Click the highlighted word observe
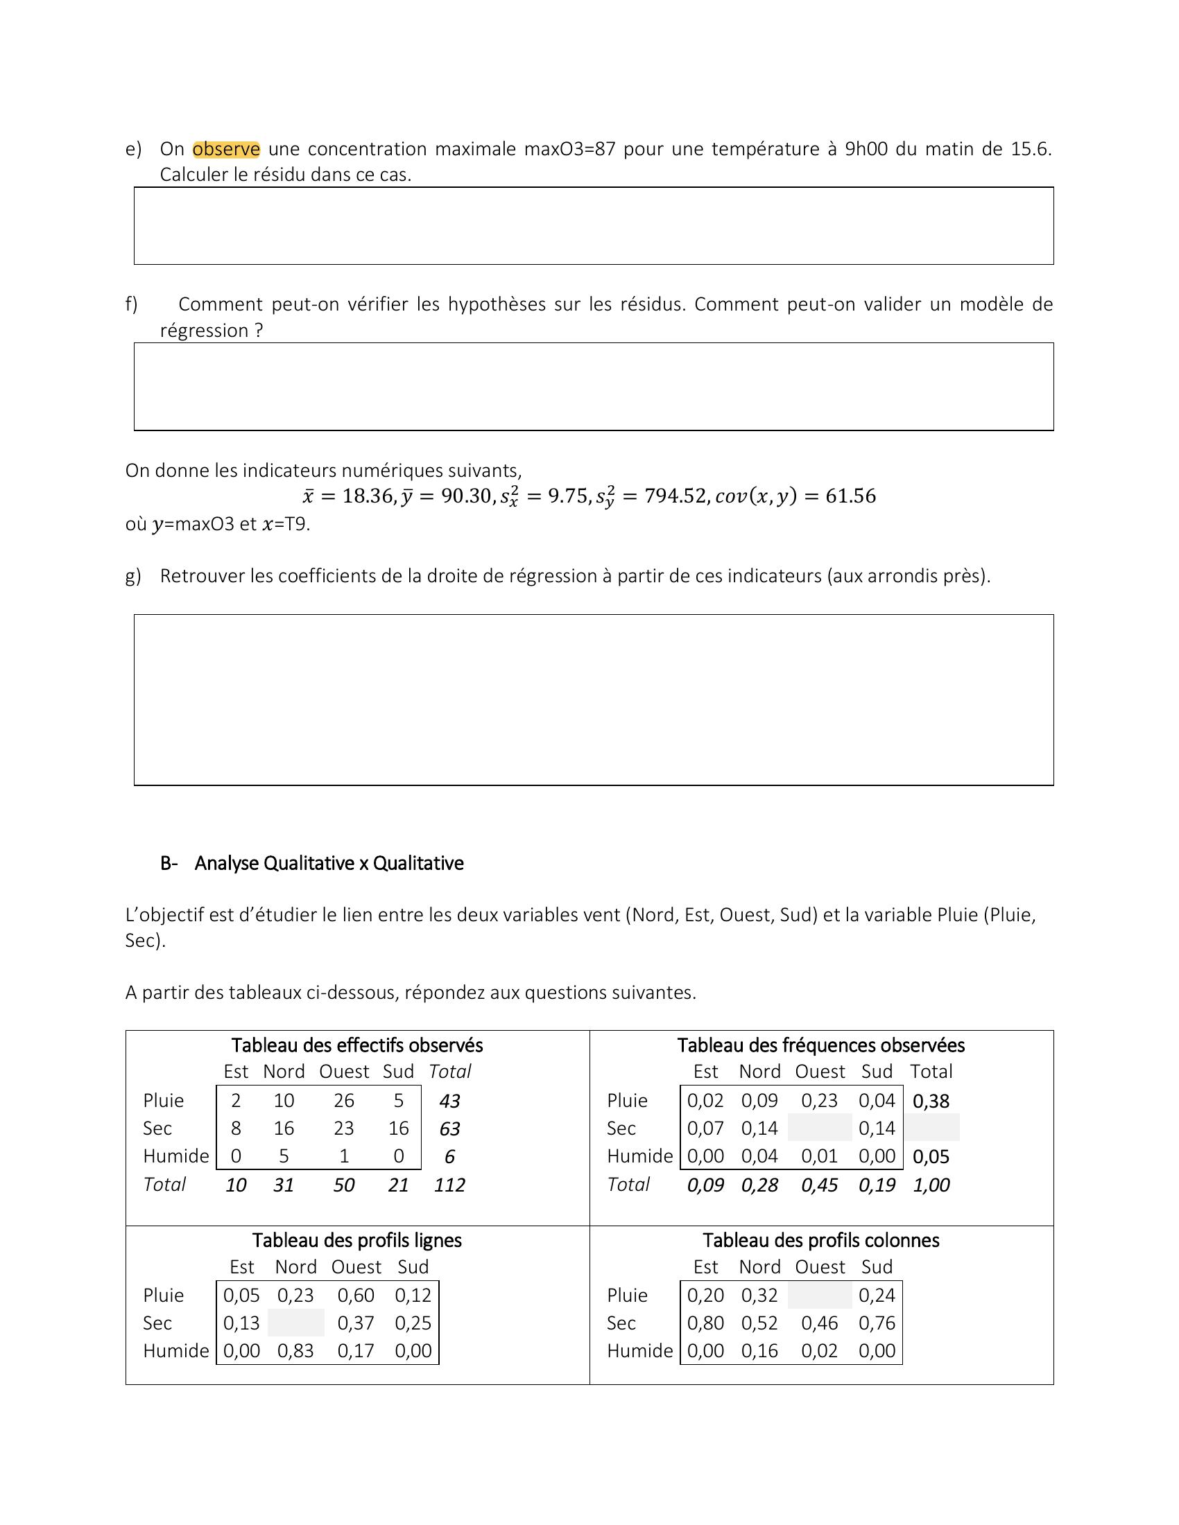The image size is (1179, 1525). coord(225,150)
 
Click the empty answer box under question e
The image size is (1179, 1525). coord(593,225)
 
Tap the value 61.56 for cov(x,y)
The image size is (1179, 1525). coord(850,496)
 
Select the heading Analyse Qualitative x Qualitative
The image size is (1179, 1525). coord(328,864)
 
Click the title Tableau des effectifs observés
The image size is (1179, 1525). coord(357,1045)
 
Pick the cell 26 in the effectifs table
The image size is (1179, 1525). coord(343,1101)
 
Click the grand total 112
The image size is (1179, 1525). coord(449,1185)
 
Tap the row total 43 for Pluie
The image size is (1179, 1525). coord(449,1101)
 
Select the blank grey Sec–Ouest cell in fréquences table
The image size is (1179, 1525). coord(819,1128)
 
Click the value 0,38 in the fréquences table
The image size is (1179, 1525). coord(931,1101)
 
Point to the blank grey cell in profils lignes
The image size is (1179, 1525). coord(295,1323)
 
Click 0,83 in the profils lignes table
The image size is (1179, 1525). coord(295,1351)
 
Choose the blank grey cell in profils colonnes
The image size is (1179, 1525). coord(819,1296)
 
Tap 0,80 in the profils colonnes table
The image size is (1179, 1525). coord(705,1323)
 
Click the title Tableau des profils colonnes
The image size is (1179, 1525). coord(820,1240)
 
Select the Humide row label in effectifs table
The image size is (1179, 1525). coord(176,1156)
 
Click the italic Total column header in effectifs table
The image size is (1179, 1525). coord(450,1072)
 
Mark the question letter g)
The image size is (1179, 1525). coord(132,576)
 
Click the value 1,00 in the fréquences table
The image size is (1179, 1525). coord(931,1185)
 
